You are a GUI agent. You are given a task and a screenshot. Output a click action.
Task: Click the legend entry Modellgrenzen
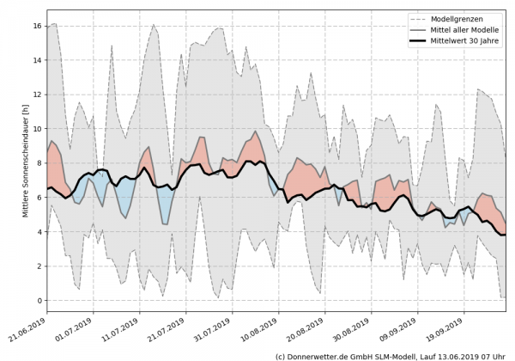tap(464, 17)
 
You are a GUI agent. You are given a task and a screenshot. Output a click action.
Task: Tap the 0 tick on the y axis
tap(39, 300)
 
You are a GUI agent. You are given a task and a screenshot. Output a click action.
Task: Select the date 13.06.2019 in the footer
tap(456, 354)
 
